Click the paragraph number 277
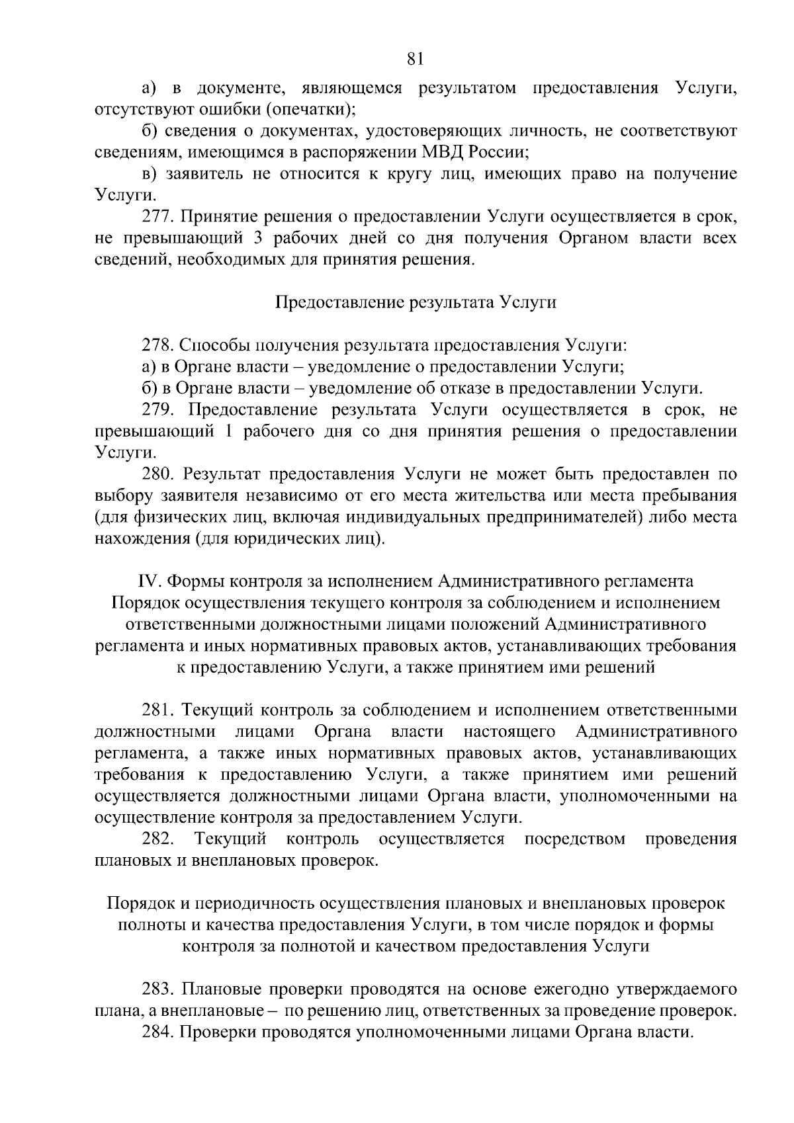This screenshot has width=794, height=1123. pos(158,216)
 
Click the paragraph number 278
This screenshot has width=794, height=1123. pos(158,345)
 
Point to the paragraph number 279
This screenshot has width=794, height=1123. pos(158,410)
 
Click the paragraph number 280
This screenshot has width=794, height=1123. pos(158,474)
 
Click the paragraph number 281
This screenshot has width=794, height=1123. pos(158,710)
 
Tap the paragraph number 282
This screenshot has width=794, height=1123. pos(158,839)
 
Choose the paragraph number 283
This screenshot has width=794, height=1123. pos(158,990)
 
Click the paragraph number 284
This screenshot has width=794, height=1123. pos(158,1032)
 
